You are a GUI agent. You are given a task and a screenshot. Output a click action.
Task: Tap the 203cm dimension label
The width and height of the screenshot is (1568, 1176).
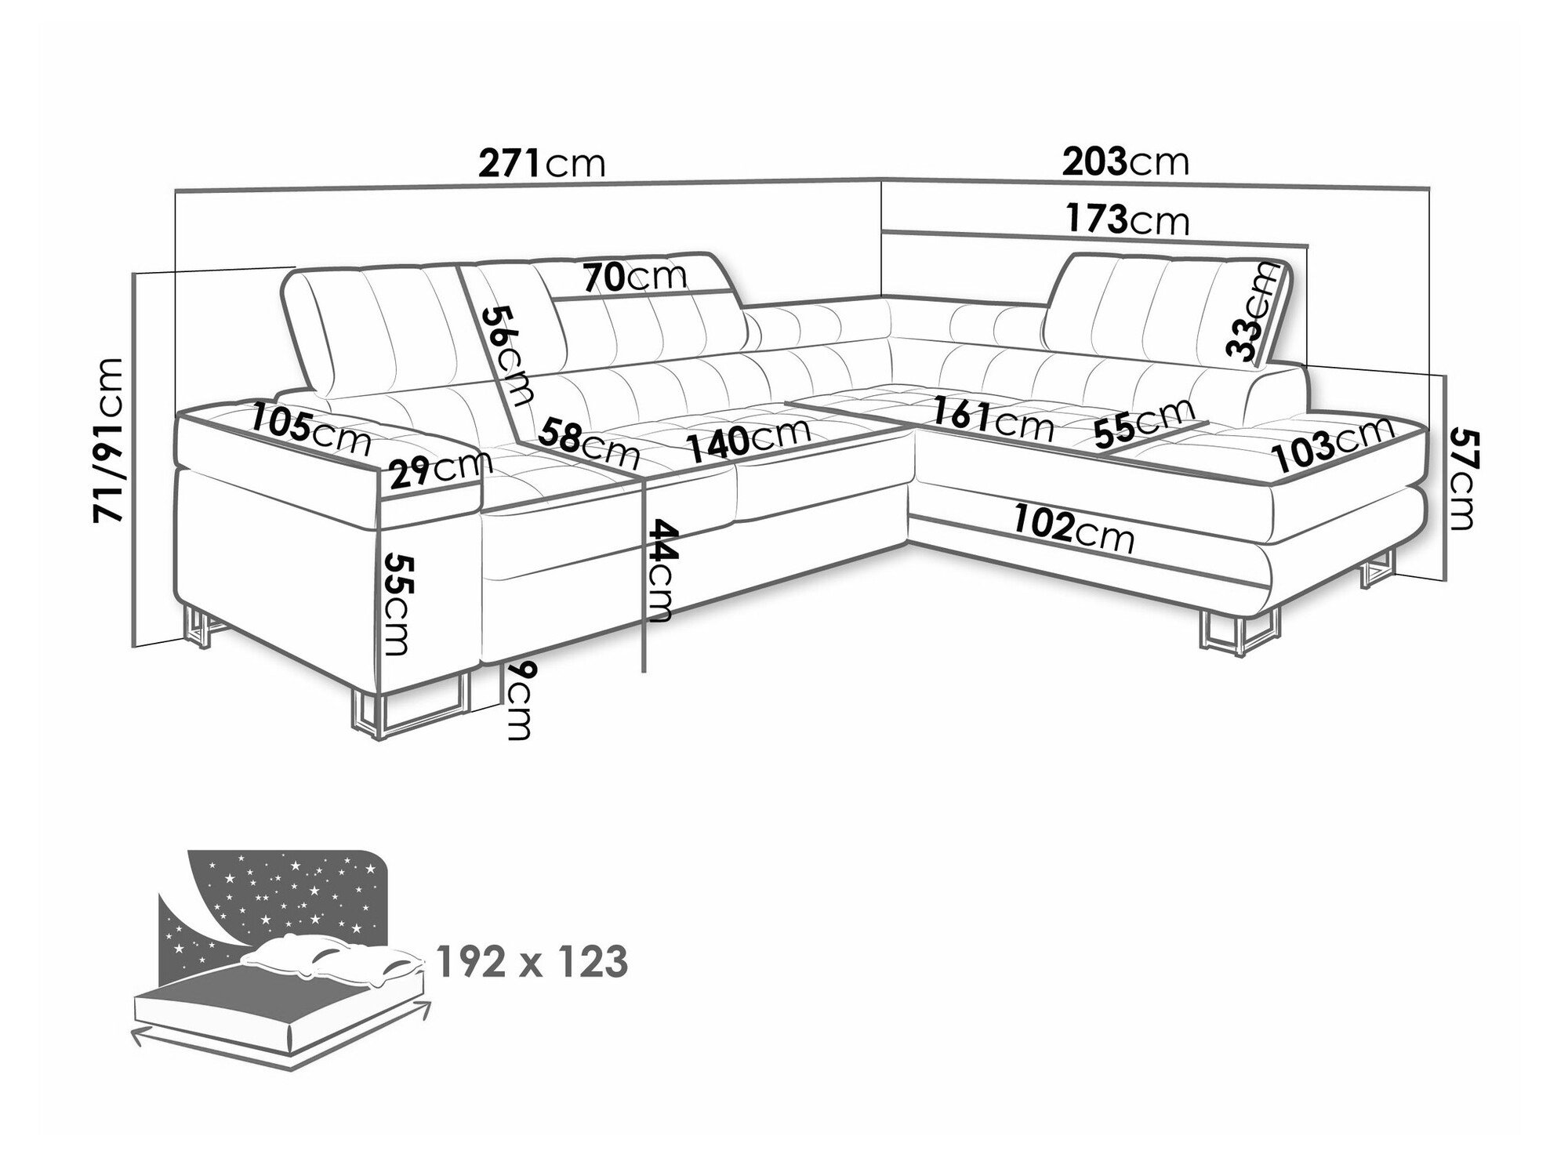(x=1126, y=162)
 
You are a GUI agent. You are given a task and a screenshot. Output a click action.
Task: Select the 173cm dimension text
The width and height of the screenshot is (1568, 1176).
(x=1127, y=220)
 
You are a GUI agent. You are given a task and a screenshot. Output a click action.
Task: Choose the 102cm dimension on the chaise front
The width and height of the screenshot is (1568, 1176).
(x=1073, y=528)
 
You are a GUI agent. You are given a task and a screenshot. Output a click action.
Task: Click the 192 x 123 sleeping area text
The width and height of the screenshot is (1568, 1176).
(x=532, y=961)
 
